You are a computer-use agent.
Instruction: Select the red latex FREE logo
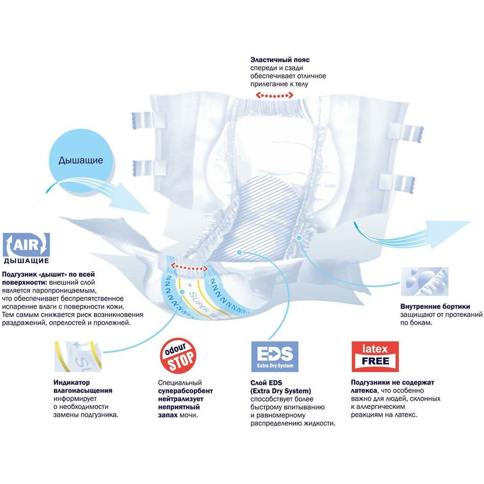pos(375,356)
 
